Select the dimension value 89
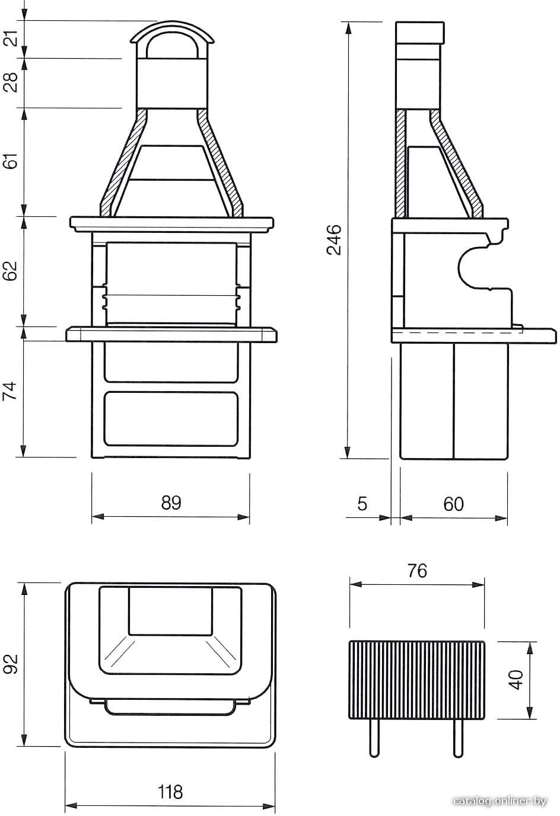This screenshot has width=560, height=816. tap(171, 503)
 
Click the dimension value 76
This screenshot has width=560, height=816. tap(417, 571)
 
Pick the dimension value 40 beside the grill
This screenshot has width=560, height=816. tap(516, 679)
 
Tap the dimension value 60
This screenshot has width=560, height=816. tap(454, 504)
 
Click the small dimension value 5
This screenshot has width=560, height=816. tap(362, 504)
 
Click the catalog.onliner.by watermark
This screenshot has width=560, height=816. tap(500, 801)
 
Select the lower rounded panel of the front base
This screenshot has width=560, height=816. tap(171, 418)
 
